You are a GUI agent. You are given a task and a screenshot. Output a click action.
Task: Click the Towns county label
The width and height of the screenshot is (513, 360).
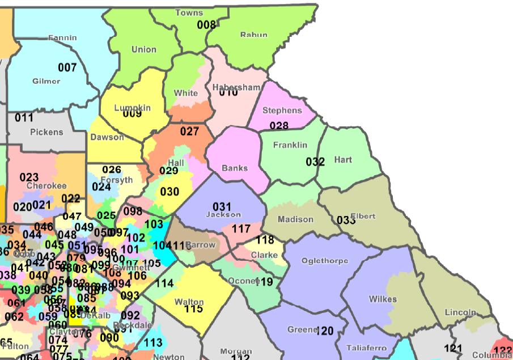189,12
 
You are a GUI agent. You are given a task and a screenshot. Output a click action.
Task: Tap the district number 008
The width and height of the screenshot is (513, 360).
206,24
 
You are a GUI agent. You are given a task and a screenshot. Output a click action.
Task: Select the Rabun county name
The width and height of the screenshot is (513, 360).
253,35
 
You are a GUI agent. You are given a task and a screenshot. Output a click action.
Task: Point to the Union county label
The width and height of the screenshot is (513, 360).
143,49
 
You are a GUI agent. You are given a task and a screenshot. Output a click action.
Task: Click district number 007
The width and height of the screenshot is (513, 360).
67,67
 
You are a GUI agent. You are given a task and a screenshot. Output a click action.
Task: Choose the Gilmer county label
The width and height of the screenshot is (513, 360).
46,81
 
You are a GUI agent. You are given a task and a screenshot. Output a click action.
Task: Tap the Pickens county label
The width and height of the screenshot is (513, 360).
46,132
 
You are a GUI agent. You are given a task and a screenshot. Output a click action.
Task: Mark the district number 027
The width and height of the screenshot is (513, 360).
189,132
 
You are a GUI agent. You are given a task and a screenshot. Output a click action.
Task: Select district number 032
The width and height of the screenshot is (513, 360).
315,162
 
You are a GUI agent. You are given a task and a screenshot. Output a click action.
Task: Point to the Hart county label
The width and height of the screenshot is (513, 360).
343,160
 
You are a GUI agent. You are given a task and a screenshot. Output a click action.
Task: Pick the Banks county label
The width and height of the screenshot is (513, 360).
235,168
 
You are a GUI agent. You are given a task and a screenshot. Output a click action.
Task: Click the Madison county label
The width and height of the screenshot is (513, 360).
295,219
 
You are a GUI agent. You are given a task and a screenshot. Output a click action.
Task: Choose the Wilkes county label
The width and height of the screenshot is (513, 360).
383,299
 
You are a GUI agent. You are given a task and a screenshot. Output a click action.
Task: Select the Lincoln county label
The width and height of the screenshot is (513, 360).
460,312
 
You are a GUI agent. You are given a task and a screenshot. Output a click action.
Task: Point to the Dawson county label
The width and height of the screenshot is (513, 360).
107,137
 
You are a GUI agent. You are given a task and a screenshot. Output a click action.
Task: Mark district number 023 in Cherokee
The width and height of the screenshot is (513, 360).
29,177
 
